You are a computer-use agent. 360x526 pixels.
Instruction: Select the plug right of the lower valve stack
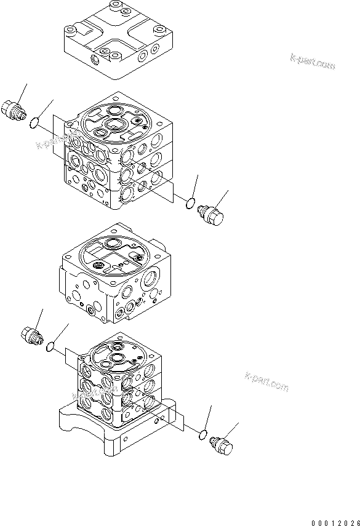click(223, 447)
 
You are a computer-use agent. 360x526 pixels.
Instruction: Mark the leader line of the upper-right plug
click(223, 199)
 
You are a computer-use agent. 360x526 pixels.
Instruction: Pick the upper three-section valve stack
click(117, 154)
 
